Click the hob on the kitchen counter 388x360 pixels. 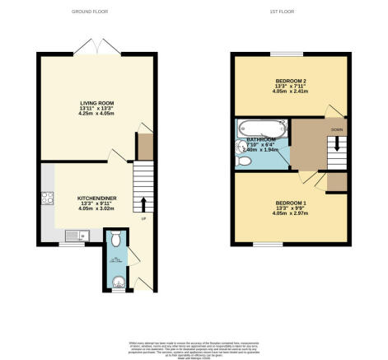47,198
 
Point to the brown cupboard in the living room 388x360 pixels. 145,146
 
